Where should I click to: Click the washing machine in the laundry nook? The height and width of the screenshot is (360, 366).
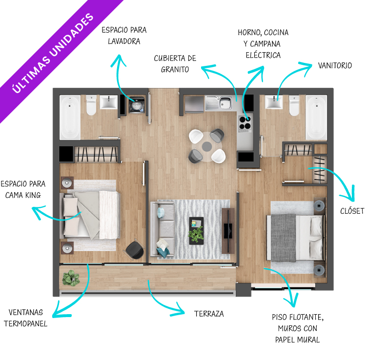[x=137, y=105]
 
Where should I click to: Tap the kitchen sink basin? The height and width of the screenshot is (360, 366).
[x=225, y=102]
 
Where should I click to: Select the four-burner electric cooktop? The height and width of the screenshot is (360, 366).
[x=245, y=123]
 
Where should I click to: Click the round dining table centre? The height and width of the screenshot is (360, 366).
[x=207, y=146]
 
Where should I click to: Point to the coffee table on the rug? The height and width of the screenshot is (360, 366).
[x=196, y=231]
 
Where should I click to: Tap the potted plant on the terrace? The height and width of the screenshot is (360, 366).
[x=71, y=278]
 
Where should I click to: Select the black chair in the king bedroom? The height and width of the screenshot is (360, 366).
[x=135, y=250]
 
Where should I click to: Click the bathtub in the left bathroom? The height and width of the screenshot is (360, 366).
[x=70, y=118]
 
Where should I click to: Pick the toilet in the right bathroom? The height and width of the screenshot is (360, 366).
[x=294, y=105]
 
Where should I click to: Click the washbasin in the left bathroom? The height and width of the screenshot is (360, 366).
[x=109, y=102]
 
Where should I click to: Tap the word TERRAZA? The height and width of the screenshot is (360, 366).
[x=209, y=314]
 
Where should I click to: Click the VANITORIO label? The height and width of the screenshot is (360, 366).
[x=335, y=65]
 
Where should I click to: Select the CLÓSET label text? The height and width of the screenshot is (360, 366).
[x=352, y=211]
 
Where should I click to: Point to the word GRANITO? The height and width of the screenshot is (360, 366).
[x=175, y=69]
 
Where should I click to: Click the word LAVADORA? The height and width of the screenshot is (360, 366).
[x=124, y=41]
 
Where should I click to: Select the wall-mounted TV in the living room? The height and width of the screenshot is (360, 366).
[x=228, y=231]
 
